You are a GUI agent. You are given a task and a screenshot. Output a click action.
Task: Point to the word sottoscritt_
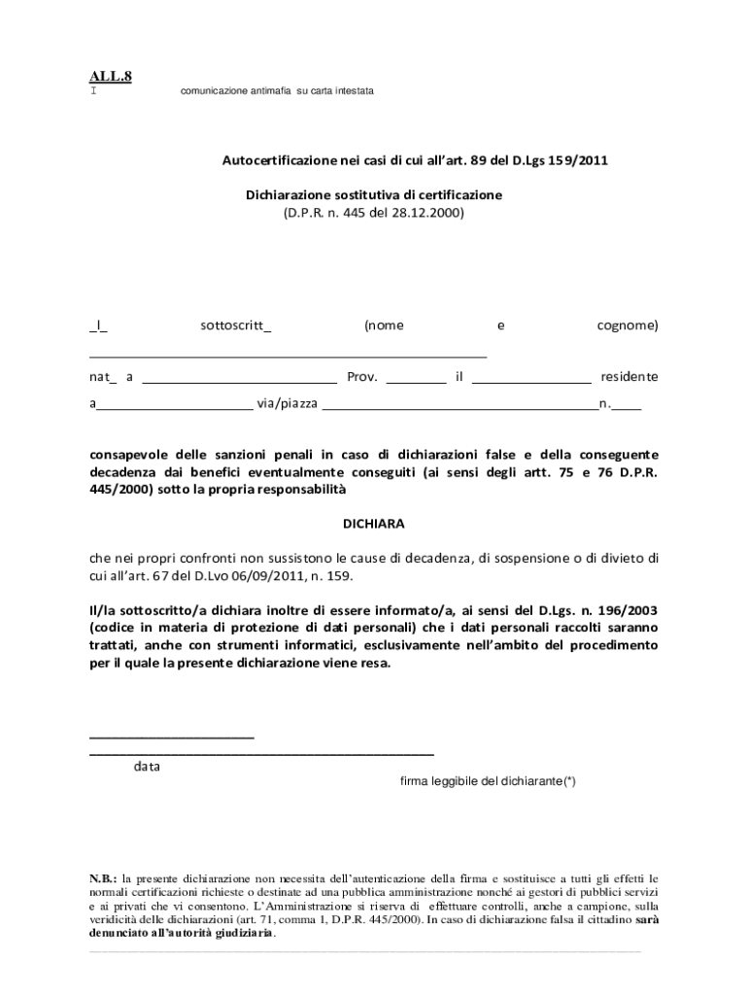click(x=236, y=326)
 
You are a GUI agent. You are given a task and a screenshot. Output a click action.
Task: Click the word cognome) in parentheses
click(x=627, y=326)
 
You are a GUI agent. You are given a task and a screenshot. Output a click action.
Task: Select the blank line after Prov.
click(x=416, y=382)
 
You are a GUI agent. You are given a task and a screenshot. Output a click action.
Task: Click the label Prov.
click(x=362, y=377)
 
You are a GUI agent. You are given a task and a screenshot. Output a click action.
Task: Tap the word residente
click(x=629, y=377)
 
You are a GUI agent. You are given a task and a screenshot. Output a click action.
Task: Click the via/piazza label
click(x=287, y=403)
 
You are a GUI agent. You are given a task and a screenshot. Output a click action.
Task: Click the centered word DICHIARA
click(x=374, y=524)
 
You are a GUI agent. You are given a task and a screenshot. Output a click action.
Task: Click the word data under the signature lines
click(x=148, y=767)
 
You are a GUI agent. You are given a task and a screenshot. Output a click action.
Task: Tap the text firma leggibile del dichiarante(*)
click(x=488, y=781)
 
